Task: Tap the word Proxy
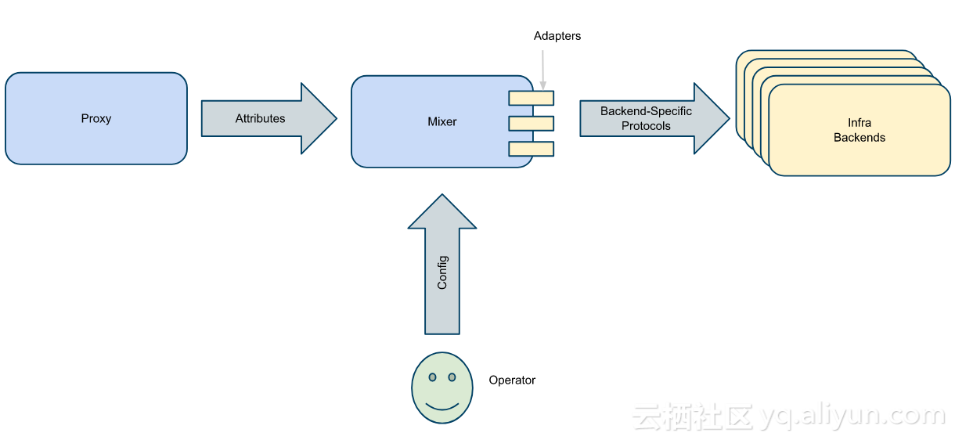pos(96,119)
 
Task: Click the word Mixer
pos(441,122)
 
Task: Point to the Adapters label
pos(557,36)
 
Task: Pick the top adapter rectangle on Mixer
pos(531,98)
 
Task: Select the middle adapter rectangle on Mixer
pos(531,124)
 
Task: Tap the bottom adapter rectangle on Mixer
pos(531,149)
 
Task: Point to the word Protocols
pos(646,126)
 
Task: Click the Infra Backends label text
pos(859,130)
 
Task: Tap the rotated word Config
pos(442,272)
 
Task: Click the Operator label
pos(512,380)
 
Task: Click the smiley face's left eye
pos(432,377)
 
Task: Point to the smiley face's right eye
pos(452,377)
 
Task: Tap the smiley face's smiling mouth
pos(442,406)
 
